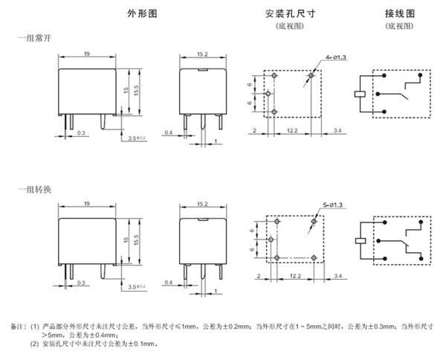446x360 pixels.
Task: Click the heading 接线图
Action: click(x=398, y=14)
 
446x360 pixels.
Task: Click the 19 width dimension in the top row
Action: click(x=88, y=54)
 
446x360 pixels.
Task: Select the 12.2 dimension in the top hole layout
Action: click(x=291, y=129)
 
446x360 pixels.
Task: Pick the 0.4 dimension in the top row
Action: click(x=169, y=132)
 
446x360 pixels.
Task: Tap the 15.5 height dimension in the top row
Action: click(x=138, y=91)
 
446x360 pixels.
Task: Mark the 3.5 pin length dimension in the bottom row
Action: click(x=136, y=286)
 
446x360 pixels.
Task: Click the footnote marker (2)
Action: click(x=33, y=343)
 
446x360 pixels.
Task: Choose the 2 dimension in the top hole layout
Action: click(x=254, y=129)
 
